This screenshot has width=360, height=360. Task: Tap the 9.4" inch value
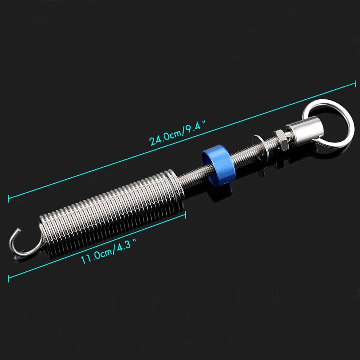point(195,127)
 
